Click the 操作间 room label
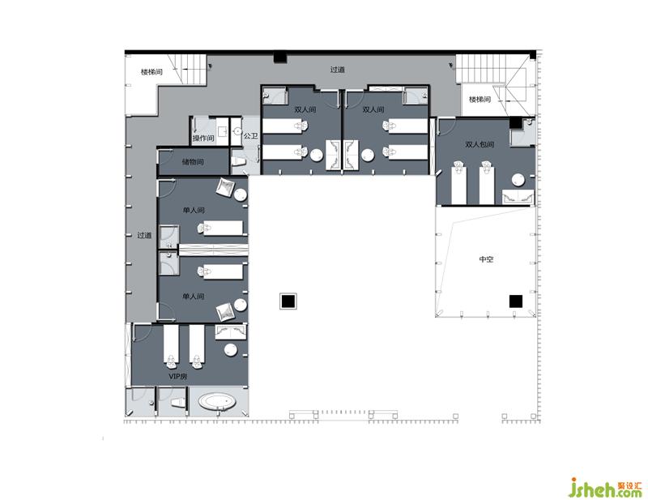click(x=203, y=138)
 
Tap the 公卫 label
click(x=250, y=135)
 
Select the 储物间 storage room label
click(x=193, y=162)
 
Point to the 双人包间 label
click(x=480, y=144)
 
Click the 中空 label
click(x=486, y=259)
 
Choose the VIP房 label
click(x=177, y=376)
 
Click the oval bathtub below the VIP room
click(x=217, y=401)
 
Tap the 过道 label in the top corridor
click(x=337, y=70)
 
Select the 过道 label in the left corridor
click(x=144, y=235)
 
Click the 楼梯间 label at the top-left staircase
click(x=151, y=72)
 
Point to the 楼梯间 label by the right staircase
click(x=480, y=99)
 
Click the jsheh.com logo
click(x=605, y=488)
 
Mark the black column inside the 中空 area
click(x=515, y=301)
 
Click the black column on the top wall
click(x=280, y=57)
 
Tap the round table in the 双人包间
click(x=518, y=181)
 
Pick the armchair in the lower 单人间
click(x=226, y=311)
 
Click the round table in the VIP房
click(x=231, y=349)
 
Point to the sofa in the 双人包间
click(x=518, y=196)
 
